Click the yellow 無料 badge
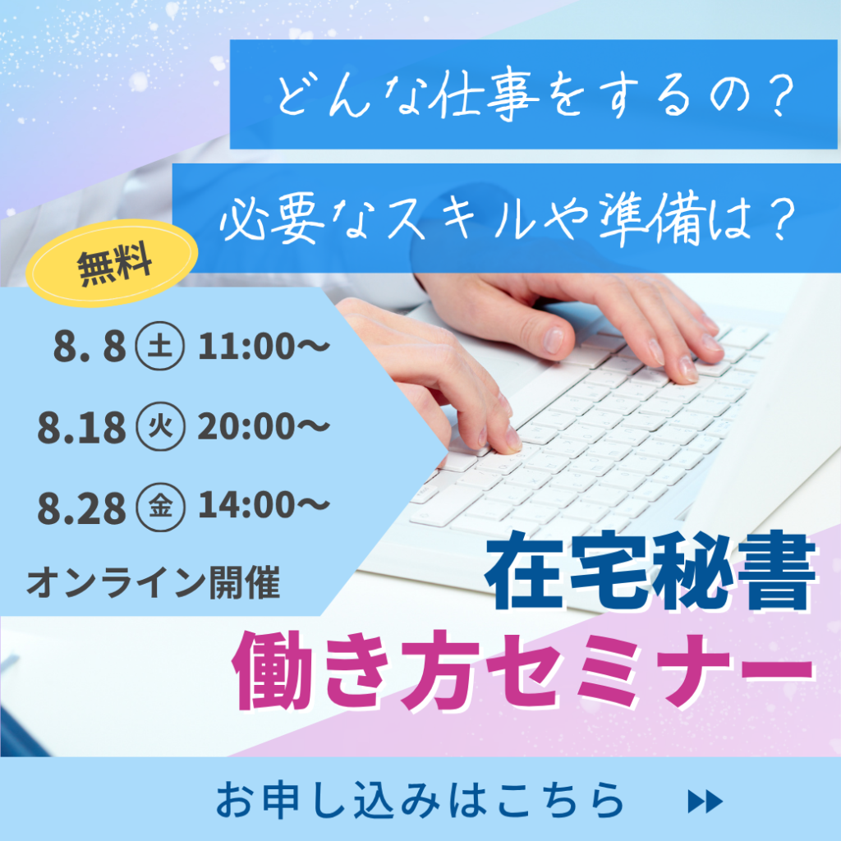coord(112,263)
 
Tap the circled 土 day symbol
coord(160,346)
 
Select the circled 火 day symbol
coord(160,426)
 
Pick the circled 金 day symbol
coord(160,506)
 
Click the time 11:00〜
coord(264,347)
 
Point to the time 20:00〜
coord(264,427)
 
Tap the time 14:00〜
coord(264,506)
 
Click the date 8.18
coord(81,428)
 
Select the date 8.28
coord(81,508)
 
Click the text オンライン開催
coord(154,582)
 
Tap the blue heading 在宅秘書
coord(651,572)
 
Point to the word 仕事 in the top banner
coord(485,95)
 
